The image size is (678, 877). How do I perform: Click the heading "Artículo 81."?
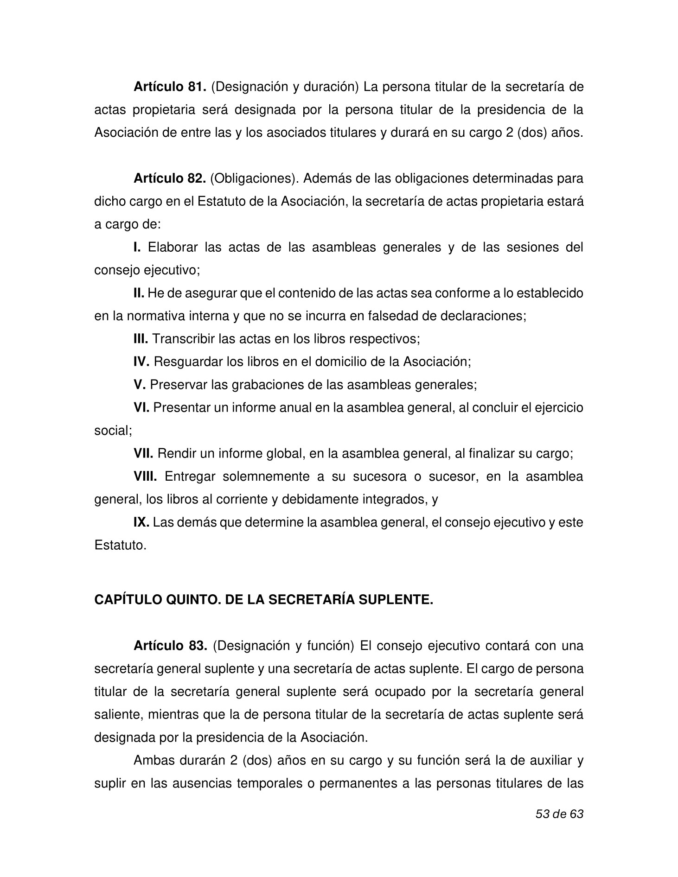(x=170, y=87)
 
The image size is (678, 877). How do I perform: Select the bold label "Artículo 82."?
(x=170, y=179)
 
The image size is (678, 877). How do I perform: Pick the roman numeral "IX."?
(x=141, y=522)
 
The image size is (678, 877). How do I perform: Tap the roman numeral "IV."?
(x=141, y=362)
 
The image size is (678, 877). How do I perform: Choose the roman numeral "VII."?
(x=144, y=453)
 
